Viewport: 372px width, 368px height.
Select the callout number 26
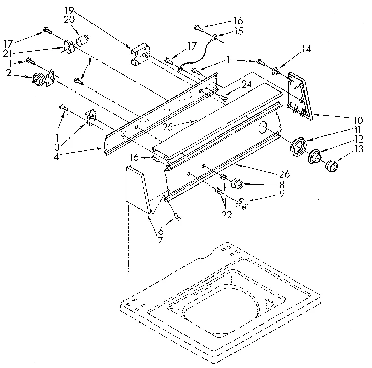284,174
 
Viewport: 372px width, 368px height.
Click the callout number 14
306,49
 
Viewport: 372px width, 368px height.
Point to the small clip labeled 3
90,119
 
